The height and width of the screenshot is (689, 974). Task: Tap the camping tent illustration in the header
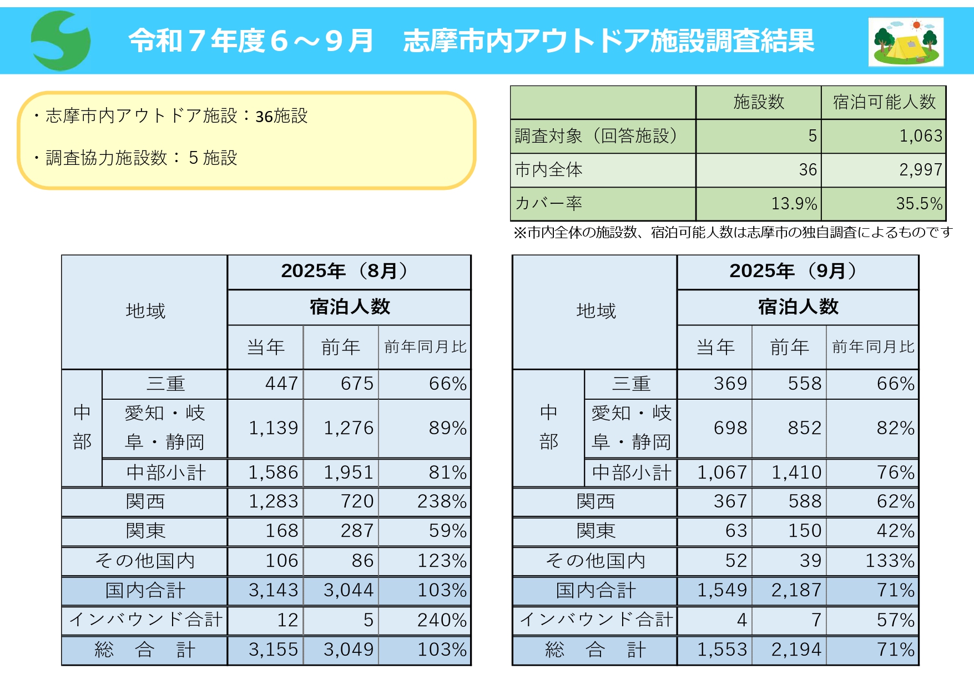tap(906, 42)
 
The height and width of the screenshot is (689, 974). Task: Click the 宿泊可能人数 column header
tap(884, 102)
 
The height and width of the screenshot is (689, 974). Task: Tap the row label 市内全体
tap(549, 170)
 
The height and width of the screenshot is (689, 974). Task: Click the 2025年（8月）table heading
tap(349, 271)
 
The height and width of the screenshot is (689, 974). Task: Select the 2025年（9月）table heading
tap(797, 271)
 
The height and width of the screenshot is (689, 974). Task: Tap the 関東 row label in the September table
tap(595, 531)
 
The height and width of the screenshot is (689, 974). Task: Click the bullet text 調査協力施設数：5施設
tap(141, 158)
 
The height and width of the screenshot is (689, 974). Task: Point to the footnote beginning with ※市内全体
tap(732, 233)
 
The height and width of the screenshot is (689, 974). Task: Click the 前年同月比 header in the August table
tap(425, 347)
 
